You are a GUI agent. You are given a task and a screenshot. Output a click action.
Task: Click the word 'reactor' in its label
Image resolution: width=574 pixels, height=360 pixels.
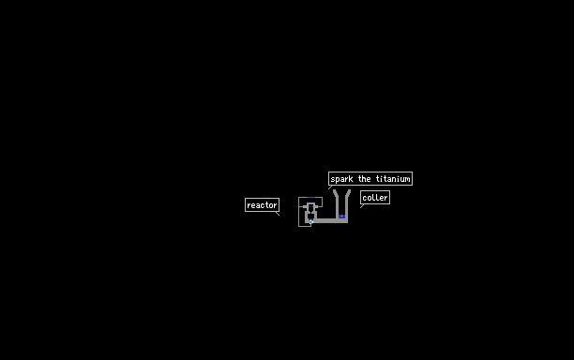point(262,205)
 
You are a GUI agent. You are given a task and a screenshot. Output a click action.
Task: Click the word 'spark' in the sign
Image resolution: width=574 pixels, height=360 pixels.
point(341,179)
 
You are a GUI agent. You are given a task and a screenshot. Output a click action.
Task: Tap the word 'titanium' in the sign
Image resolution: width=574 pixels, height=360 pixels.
point(393,179)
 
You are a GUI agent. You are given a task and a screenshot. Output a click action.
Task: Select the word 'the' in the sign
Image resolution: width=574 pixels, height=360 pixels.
point(364,179)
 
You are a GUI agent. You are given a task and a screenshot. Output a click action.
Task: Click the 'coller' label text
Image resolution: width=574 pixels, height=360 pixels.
point(375,198)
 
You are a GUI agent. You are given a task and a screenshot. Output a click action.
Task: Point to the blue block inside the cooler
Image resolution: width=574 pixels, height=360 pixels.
point(342,217)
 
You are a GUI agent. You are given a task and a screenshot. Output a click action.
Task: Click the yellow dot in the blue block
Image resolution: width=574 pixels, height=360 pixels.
point(342,217)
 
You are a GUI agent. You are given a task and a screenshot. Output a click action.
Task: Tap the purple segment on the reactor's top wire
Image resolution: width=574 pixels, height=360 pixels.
point(310,197)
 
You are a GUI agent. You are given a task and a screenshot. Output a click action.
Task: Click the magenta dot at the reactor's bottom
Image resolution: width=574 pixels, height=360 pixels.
point(310,221)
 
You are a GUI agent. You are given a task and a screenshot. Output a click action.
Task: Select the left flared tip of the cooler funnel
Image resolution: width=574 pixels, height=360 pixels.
point(334,190)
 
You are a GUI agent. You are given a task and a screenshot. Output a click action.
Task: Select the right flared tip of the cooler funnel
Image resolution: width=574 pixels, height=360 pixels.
point(350,190)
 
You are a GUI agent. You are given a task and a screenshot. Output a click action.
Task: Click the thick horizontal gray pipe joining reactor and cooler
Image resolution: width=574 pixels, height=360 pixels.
point(329,221)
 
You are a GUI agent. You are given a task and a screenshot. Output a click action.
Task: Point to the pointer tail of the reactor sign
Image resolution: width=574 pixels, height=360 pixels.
point(278,214)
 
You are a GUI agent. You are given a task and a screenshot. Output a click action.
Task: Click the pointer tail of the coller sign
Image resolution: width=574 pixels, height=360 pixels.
point(362,206)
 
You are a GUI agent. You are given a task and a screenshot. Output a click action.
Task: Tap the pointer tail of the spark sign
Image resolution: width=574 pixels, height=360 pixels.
point(330,187)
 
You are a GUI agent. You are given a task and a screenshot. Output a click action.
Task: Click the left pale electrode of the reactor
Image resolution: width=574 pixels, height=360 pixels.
point(306,206)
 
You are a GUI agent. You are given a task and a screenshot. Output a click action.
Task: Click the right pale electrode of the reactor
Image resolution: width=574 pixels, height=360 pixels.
point(315,206)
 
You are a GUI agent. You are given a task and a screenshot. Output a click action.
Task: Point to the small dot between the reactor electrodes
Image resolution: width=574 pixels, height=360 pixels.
point(310,206)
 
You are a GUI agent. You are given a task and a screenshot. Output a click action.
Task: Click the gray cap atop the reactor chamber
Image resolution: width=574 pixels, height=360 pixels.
point(310,203)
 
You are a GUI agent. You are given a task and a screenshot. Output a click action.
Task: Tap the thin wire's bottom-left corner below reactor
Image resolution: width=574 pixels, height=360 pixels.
point(298,227)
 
